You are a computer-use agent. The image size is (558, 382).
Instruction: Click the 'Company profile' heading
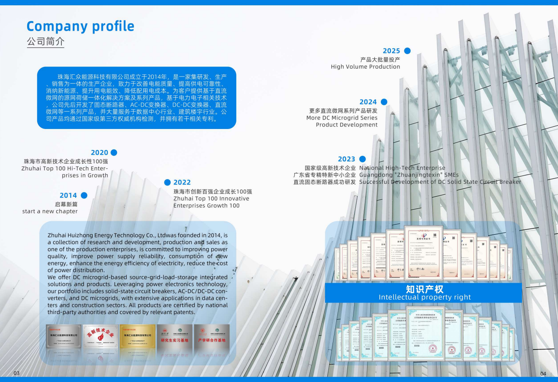80,26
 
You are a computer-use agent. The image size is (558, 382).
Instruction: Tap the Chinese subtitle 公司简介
45,41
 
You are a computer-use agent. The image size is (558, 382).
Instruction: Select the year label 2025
391,51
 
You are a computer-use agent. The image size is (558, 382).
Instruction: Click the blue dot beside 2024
384,102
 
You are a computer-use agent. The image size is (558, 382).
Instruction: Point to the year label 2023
346,159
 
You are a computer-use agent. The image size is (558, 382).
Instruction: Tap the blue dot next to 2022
167,182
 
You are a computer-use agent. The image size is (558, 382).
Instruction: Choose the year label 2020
99,152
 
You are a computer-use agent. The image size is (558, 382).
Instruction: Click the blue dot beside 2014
84,195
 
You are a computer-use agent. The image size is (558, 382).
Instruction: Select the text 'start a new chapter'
50,211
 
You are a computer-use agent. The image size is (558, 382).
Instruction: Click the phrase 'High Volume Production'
365,67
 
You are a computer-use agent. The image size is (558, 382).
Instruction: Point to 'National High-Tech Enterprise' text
402,168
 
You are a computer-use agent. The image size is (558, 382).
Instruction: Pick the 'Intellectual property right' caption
424,297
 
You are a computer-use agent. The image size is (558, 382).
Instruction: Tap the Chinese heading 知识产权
424,289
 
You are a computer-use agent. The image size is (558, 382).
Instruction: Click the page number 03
16,373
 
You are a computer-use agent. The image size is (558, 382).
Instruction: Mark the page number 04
543,373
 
